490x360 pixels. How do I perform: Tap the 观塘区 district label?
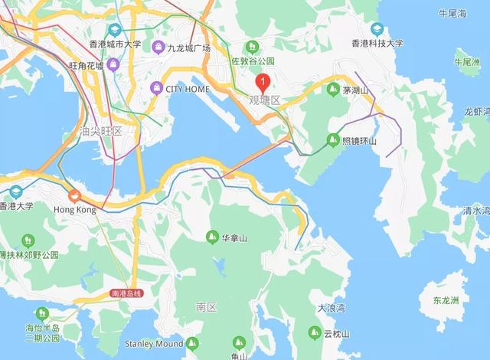(x=265, y=100)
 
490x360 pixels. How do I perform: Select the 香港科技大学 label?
(x=377, y=44)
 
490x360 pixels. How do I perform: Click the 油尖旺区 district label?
(x=100, y=130)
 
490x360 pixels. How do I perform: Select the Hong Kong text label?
(x=75, y=209)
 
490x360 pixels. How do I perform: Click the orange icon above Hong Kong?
(x=74, y=195)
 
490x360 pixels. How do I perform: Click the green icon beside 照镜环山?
(x=332, y=140)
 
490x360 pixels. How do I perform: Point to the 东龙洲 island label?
(x=446, y=299)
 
